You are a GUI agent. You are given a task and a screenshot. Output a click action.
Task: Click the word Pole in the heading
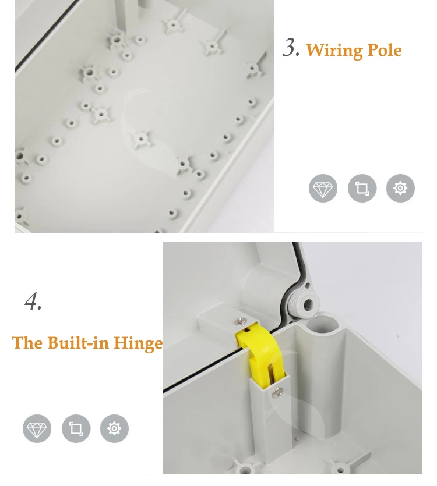pyautogui.click(x=385, y=49)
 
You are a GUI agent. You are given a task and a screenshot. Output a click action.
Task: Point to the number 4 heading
pyautogui.click(x=33, y=301)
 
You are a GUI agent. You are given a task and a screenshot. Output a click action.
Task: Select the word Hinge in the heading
pyautogui.click(x=138, y=343)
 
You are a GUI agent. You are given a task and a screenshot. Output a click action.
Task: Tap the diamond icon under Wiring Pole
pyautogui.click(x=323, y=188)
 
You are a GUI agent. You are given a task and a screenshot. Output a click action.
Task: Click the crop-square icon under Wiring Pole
pyautogui.click(x=362, y=188)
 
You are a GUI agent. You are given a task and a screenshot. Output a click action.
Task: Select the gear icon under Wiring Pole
pyautogui.click(x=400, y=188)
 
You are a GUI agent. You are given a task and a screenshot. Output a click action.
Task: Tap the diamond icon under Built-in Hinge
pyautogui.click(x=37, y=428)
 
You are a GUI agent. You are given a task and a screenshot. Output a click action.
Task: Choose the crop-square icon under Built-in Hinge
pyautogui.click(x=76, y=428)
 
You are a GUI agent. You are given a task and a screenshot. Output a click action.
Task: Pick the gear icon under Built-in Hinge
pyautogui.click(x=114, y=428)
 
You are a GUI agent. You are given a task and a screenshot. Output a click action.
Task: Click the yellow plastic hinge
pyautogui.click(x=260, y=353)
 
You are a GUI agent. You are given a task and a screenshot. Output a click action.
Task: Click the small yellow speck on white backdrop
pyautogui.click(x=397, y=335)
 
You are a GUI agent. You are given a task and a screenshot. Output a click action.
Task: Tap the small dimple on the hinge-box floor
pyautogui.click(x=297, y=439)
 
